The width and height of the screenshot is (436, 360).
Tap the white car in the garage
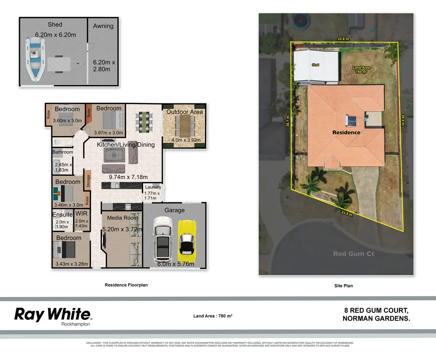163,239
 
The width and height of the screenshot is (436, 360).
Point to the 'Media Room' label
122,218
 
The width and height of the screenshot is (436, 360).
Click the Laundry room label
153,187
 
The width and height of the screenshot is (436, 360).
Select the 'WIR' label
81,214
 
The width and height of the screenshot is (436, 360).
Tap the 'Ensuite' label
62,215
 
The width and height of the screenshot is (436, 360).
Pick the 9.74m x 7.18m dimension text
128,177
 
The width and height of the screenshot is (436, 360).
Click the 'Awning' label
103,26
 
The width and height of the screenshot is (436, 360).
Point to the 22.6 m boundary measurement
344,39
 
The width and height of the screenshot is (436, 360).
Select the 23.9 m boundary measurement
347,213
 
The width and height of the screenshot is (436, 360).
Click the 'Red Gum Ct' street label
354,254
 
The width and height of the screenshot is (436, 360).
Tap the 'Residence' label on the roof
346,132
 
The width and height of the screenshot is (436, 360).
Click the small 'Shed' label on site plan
315,65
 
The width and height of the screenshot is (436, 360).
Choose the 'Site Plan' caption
343,286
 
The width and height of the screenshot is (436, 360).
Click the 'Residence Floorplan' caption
126,285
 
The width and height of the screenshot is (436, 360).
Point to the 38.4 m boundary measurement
403,120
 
